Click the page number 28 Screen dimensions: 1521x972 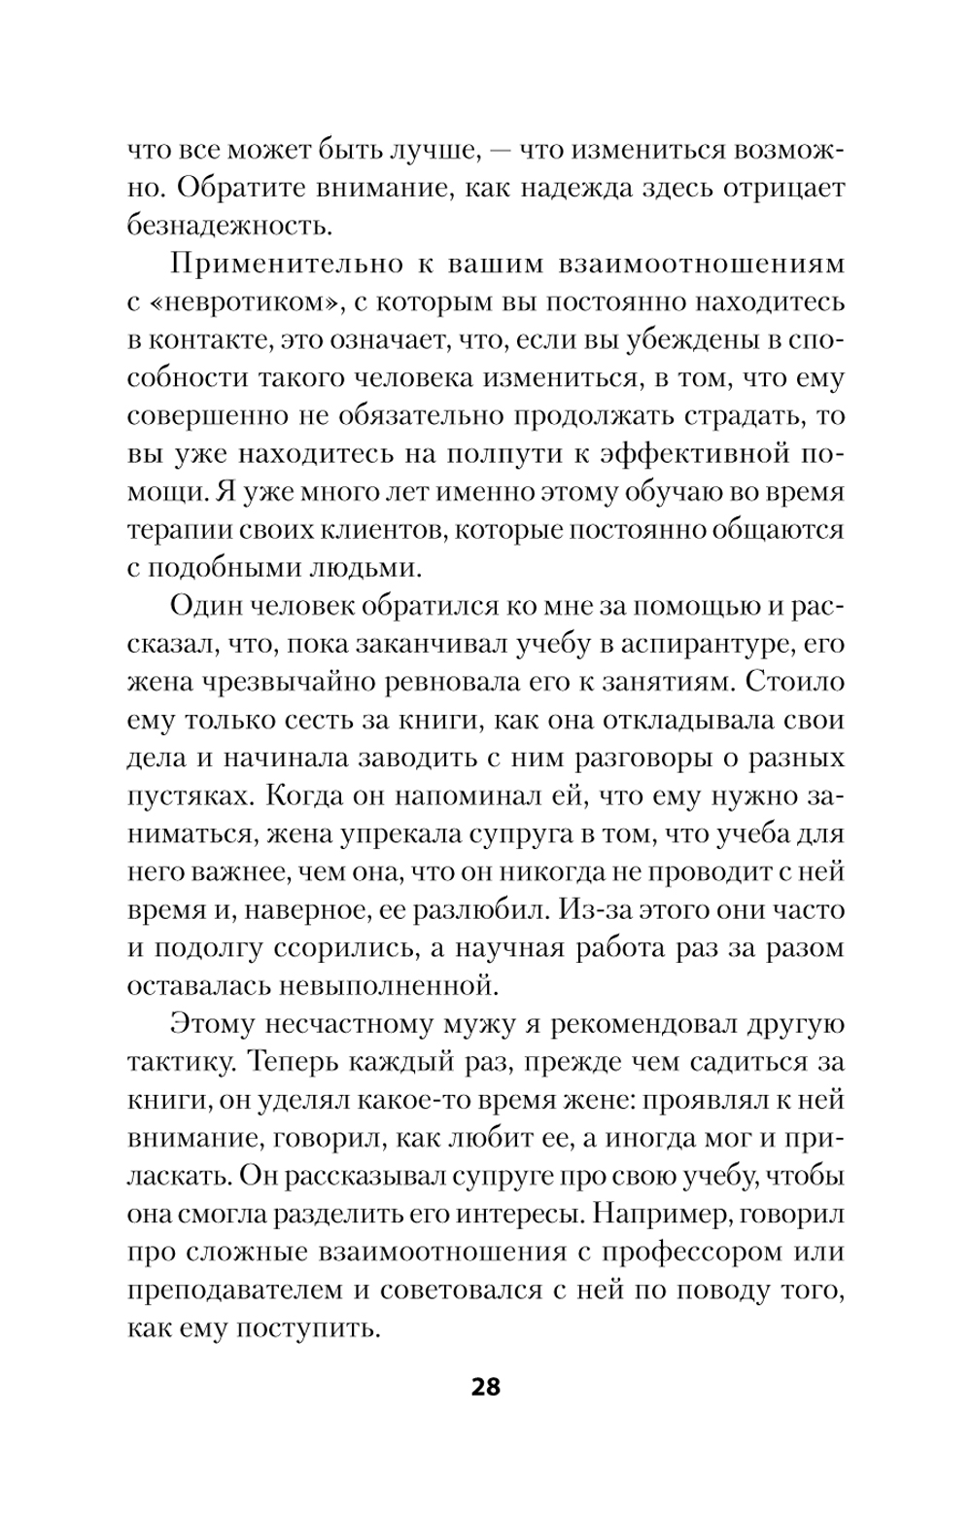click(x=485, y=1386)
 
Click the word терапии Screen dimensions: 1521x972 click(x=172, y=530)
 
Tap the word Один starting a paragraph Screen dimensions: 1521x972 click(x=206, y=607)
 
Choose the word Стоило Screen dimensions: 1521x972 click(x=794, y=682)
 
